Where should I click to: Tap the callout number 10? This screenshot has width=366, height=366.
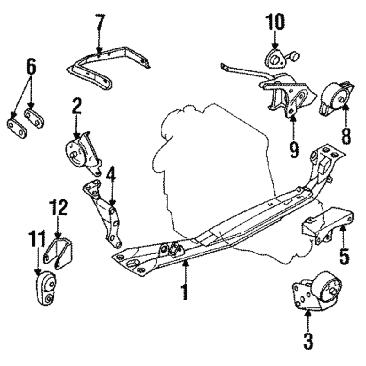coord(275,22)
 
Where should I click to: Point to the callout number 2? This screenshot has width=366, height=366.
coord(76,106)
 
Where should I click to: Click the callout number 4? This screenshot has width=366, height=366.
coord(111,174)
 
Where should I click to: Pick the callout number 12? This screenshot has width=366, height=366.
coord(58,207)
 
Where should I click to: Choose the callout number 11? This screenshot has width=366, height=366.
coord(37,238)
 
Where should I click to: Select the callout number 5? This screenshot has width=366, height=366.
coord(344,256)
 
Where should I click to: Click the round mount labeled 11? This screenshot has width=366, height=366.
coord(46,288)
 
